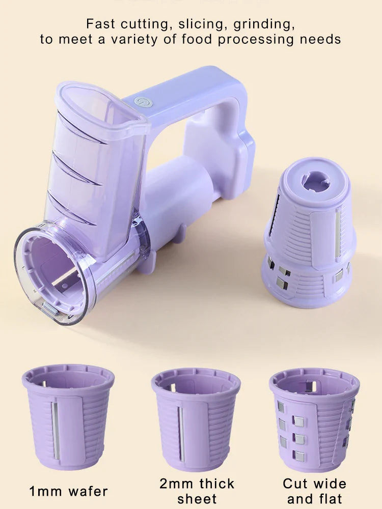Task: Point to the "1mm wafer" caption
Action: coord(68,492)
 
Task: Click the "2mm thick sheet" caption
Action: coord(197,491)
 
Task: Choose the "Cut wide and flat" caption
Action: coord(314,491)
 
